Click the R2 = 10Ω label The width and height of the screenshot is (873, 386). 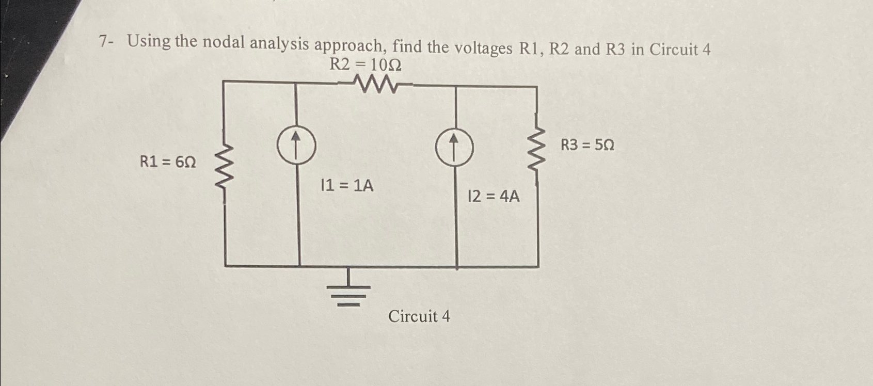366,66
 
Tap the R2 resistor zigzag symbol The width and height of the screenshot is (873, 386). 375,84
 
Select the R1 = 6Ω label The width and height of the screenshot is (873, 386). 168,162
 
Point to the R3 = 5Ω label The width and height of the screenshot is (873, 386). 588,145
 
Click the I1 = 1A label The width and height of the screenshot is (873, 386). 347,185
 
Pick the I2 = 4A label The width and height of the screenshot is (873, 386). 493,196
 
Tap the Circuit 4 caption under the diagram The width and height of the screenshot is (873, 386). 419,316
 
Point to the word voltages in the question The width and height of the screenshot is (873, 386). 483,48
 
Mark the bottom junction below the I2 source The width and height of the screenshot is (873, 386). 457,267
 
